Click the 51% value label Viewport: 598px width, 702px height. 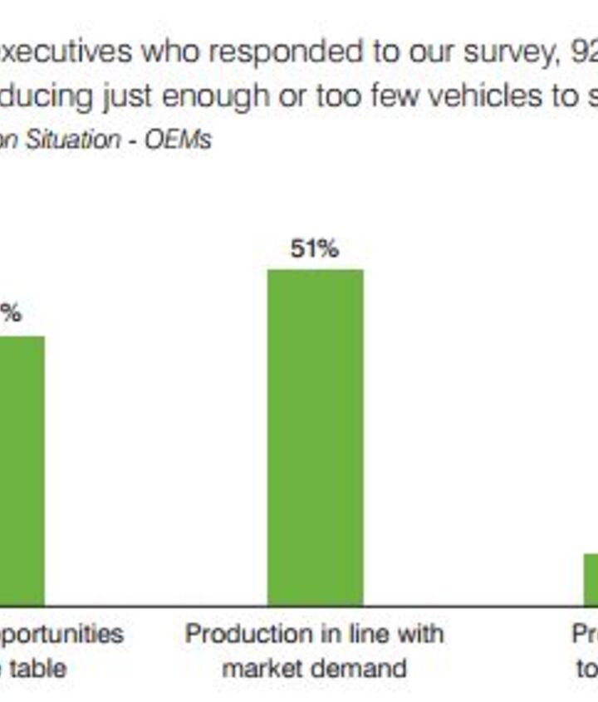tap(315, 249)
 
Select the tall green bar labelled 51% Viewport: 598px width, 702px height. tap(315, 437)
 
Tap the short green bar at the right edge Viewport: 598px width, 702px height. tap(591, 579)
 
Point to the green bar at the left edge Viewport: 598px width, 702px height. tap(22, 470)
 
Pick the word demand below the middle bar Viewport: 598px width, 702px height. tap(366, 667)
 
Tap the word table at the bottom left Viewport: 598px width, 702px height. tap(33, 667)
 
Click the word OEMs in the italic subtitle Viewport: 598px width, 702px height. tap(178, 138)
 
